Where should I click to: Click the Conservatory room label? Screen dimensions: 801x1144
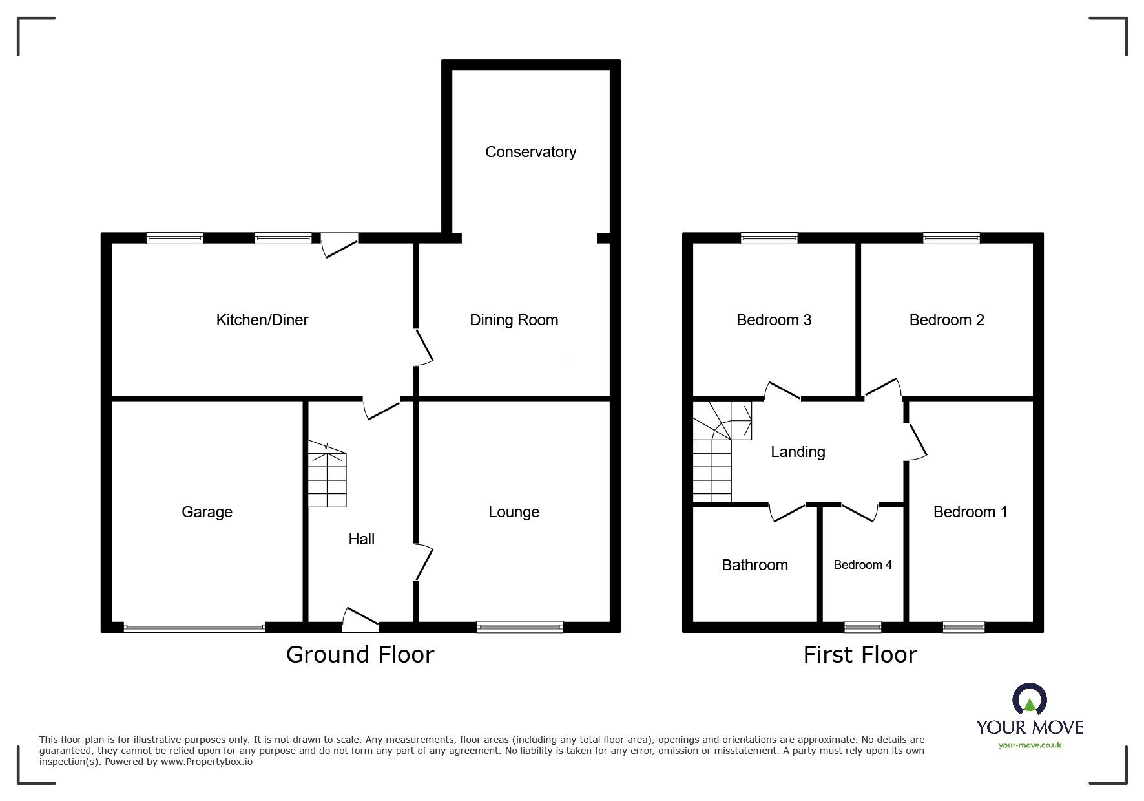[x=530, y=152]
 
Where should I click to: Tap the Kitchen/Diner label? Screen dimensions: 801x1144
[x=262, y=320]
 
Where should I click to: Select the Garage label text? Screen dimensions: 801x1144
[x=207, y=512]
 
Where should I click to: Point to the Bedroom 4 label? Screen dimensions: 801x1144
[x=862, y=565]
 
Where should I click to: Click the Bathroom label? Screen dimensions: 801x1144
[x=754, y=565]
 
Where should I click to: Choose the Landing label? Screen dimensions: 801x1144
[x=798, y=452]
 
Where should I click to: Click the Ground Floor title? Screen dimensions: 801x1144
[x=360, y=655]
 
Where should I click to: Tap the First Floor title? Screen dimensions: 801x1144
[x=860, y=655]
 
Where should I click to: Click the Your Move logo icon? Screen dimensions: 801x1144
[x=1029, y=700]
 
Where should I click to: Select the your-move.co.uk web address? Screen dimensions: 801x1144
[x=1030, y=745]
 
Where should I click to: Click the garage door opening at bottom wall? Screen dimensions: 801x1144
[x=194, y=627]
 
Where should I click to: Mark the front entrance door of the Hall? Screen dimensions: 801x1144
[x=360, y=621]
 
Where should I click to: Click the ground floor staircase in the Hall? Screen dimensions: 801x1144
[x=327, y=475]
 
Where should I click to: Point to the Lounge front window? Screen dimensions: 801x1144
[x=519, y=626]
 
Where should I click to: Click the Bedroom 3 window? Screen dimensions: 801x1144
[x=769, y=238]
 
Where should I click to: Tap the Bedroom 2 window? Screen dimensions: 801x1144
[x=951, y=238]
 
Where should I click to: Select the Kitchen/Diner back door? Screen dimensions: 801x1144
[x=339, y=244]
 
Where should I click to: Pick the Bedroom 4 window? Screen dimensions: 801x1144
[x=862, y=626]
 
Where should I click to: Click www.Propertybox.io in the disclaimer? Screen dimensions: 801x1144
[x=206, y=762]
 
